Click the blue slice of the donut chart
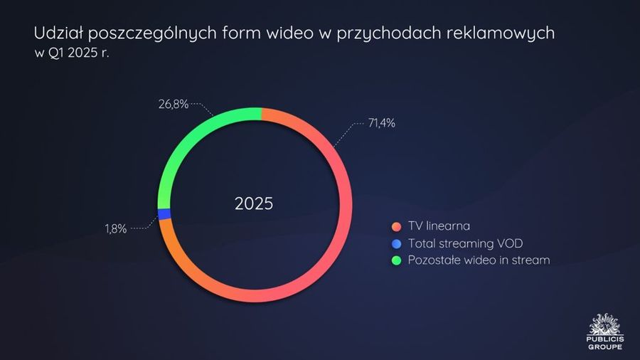164,214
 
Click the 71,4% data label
382,123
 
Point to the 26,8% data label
174,104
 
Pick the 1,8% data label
116,228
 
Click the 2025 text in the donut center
254,203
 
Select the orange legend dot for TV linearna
396,226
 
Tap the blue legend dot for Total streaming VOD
396,243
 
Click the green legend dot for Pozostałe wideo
396,260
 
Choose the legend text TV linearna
439,226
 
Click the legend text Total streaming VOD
466,243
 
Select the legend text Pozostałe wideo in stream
479,260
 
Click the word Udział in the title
58,33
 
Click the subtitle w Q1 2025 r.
73,53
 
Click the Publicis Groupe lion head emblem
605,324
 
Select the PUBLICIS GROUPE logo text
605,343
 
